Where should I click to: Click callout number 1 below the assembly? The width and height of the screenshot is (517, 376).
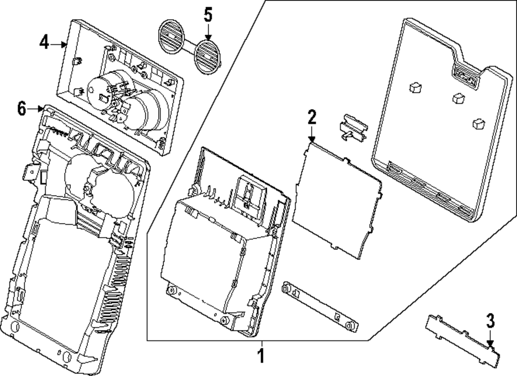262,356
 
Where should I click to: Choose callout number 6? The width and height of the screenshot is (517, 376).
21,108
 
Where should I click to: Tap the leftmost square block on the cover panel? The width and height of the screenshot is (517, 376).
415,88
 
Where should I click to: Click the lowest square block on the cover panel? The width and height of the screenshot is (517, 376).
478,124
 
